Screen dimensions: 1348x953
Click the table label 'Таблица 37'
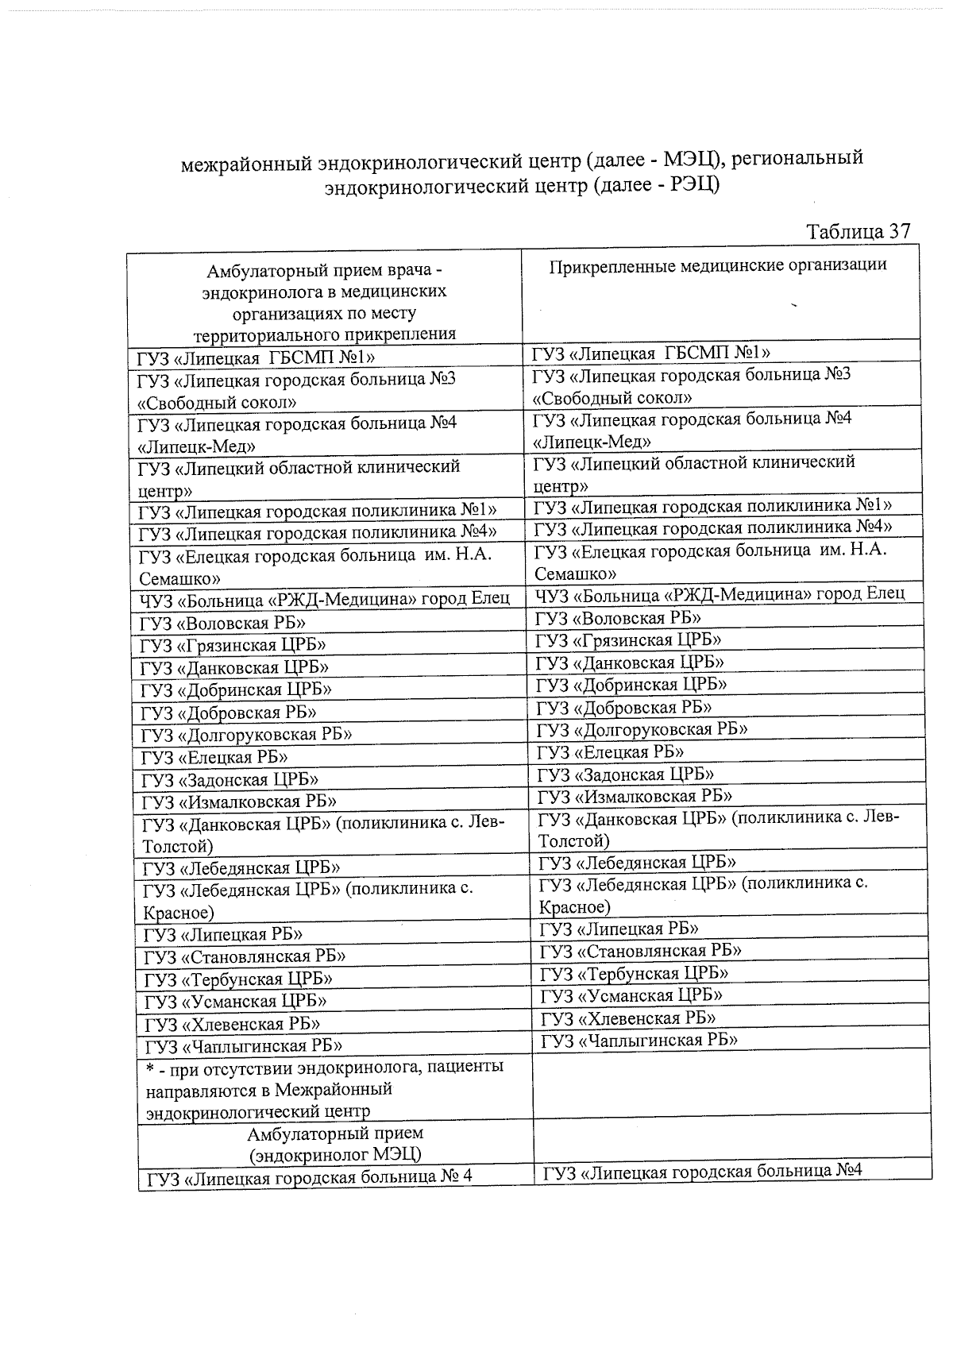pyautogui.click(x=857, y=231)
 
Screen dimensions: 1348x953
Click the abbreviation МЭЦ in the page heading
pyautogui.click(x=690, y=159)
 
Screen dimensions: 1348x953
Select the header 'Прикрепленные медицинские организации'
pyautogui.click(x=718, y=265)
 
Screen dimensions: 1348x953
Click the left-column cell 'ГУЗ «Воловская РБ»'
pyautogui.click(x=222, y=624)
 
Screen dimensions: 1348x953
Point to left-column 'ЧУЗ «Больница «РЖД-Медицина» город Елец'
pyautogui.click(x=324, y=598)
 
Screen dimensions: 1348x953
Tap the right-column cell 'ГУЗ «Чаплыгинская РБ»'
pyautogui.click(x=639, y=1041)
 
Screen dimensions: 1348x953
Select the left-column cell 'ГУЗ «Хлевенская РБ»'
pyautogui.click(x=232, y=1024)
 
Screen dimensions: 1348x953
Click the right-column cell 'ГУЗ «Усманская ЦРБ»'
pyautogui.click(x=631, y=996)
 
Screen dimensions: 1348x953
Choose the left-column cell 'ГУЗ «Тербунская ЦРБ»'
pyautogui.click(x=237, y=979)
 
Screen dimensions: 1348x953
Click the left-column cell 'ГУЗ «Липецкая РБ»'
pyautogui.click(x=222, y=935)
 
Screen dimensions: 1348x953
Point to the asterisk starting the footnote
pyautogui.click(x=150, y=1068)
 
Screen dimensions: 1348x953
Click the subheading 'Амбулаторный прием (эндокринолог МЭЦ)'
pyautogui.click(x=334, y=1144)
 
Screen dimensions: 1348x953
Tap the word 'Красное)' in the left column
pyautogui.click(x=179, y=913)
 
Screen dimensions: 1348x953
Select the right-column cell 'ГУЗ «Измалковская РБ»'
pyautogui.click(x=635, y=796)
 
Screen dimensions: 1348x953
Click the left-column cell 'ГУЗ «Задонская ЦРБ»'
pyautogui.click(x=230, y=780)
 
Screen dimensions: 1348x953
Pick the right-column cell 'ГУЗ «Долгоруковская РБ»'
pyautogui.click(x=642, y=729)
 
